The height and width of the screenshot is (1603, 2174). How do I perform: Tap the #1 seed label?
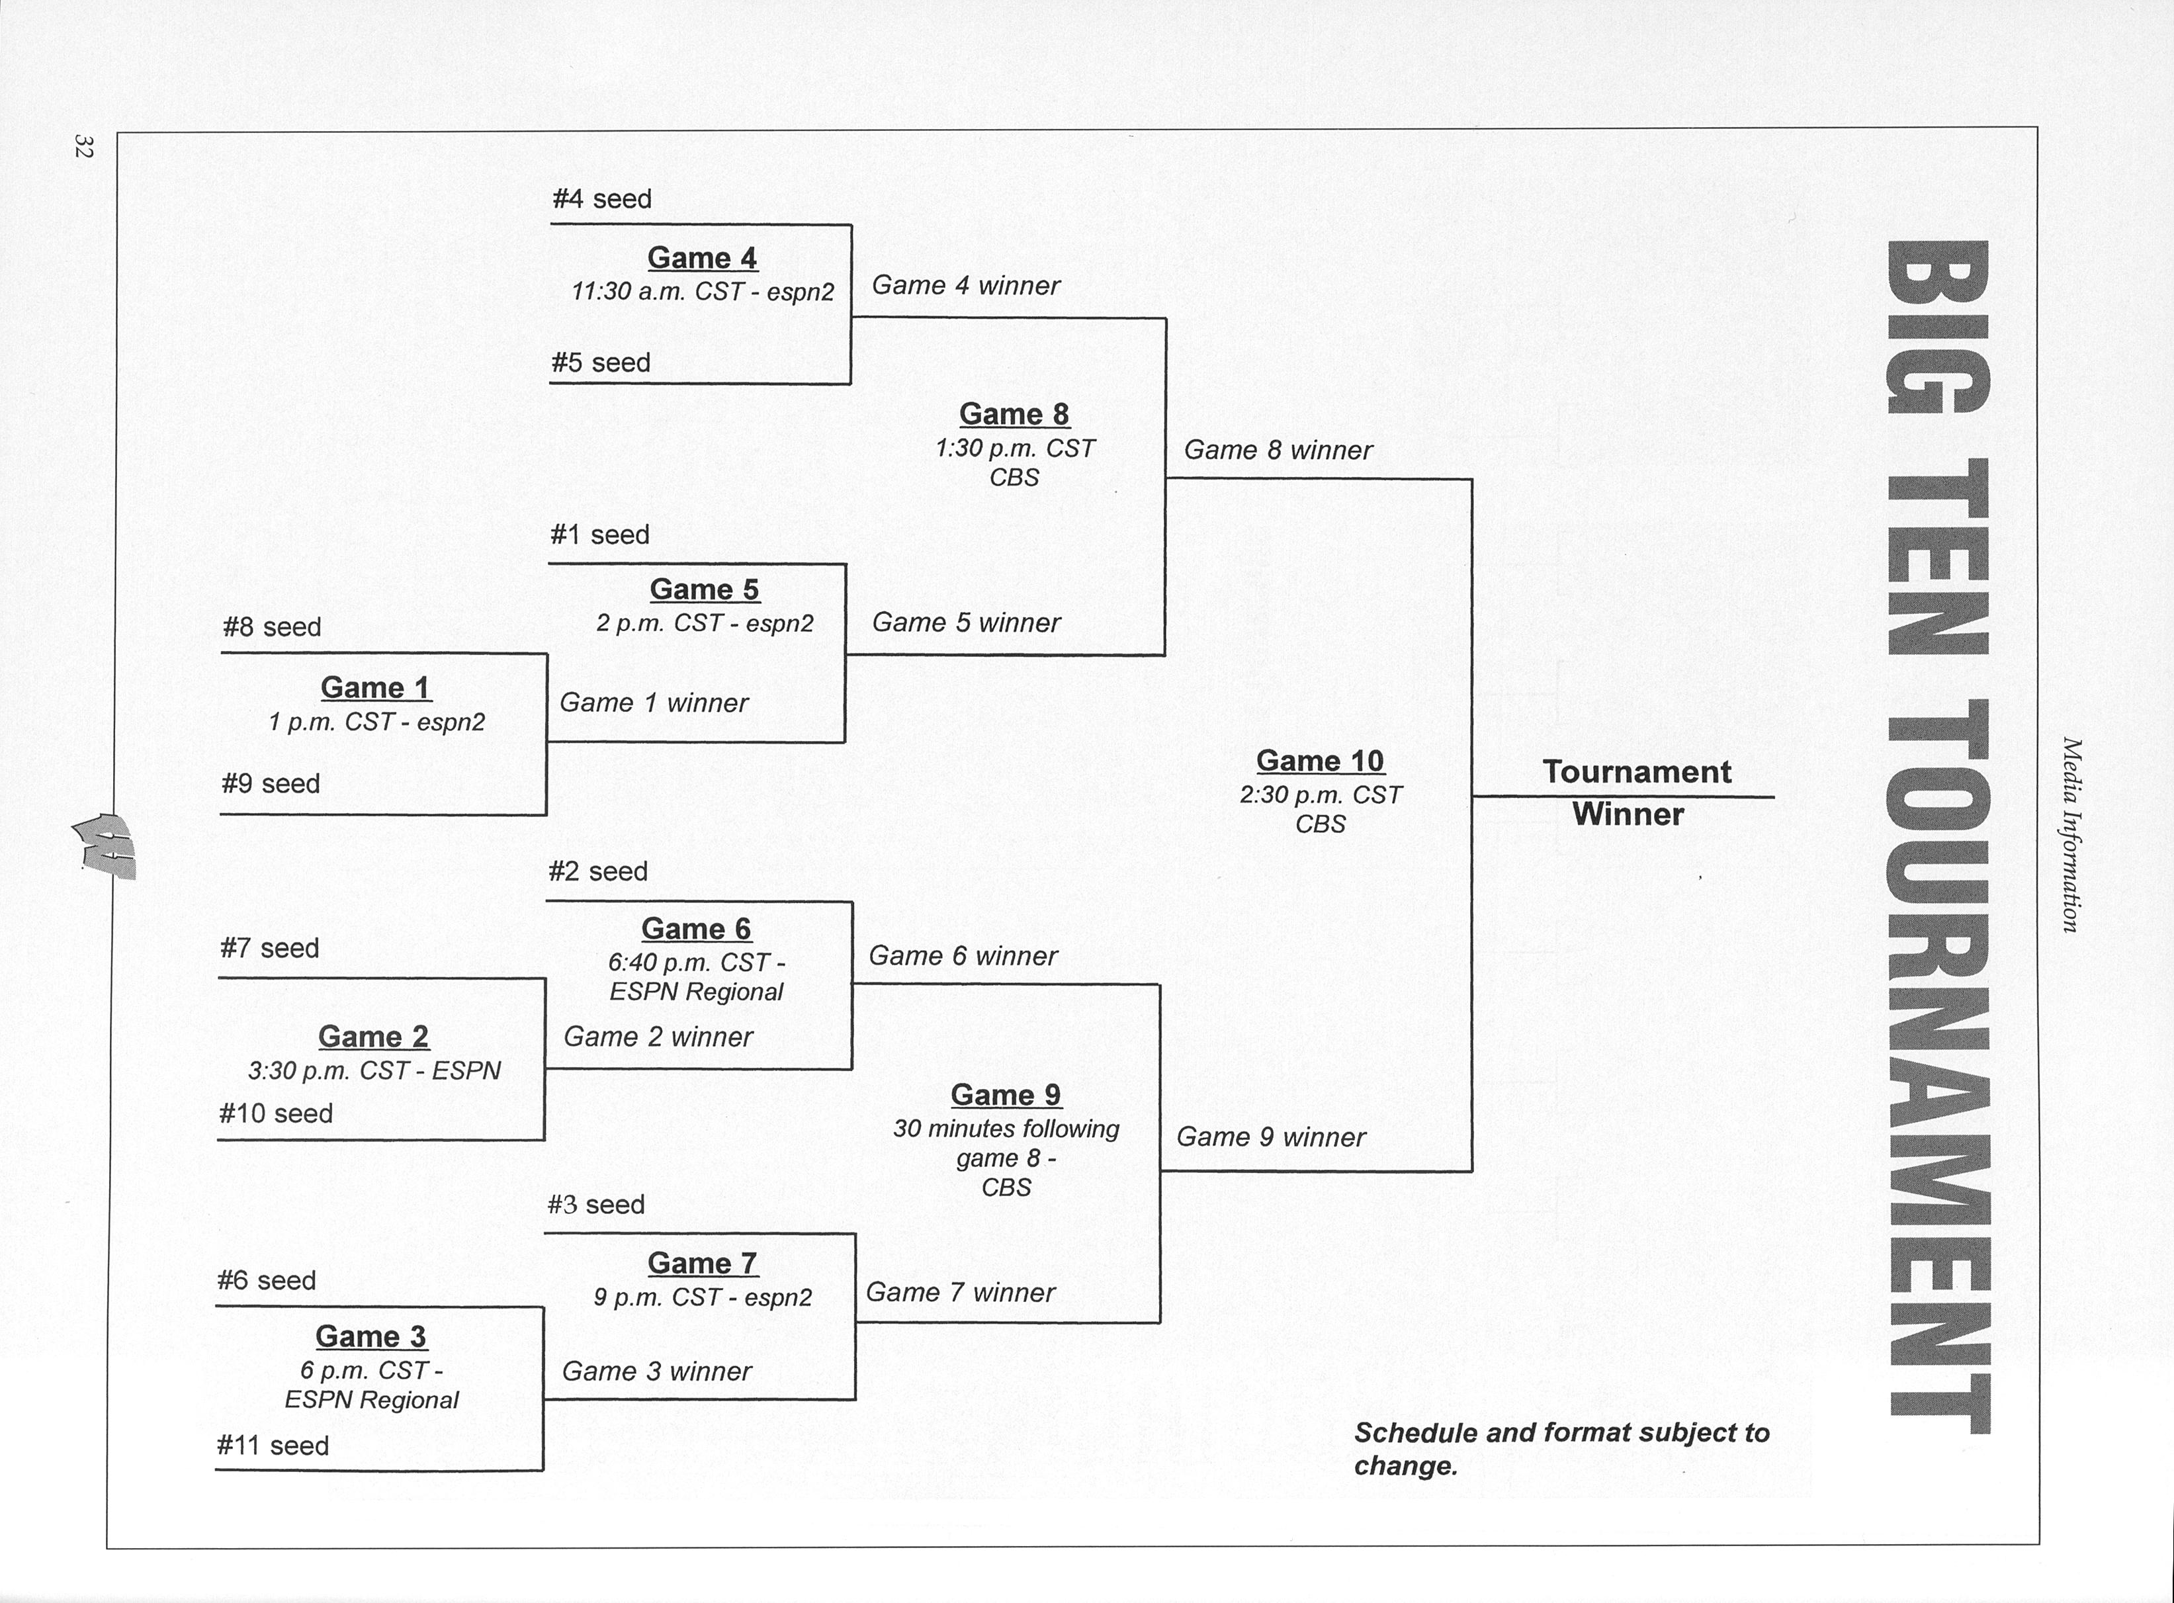point(599,535)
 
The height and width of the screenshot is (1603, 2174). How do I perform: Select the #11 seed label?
point(273,1446)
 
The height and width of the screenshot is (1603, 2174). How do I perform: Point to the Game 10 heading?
point(1319,761)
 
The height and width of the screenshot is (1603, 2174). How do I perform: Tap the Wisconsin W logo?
point(105,845)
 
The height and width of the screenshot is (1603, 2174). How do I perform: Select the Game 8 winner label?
point(1278,451)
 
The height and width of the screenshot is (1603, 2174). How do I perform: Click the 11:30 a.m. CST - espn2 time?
point(703,292)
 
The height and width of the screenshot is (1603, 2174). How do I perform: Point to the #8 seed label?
point(272,627)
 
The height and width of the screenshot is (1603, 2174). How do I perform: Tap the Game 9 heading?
point(1006,1094)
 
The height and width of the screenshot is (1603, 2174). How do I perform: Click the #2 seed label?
point(597,871)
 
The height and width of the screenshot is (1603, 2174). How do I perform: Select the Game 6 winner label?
point(963,957)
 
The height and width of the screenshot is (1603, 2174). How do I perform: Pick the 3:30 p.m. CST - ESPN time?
point(374,1070)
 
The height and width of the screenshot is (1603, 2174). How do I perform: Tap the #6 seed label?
point(267,1281)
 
